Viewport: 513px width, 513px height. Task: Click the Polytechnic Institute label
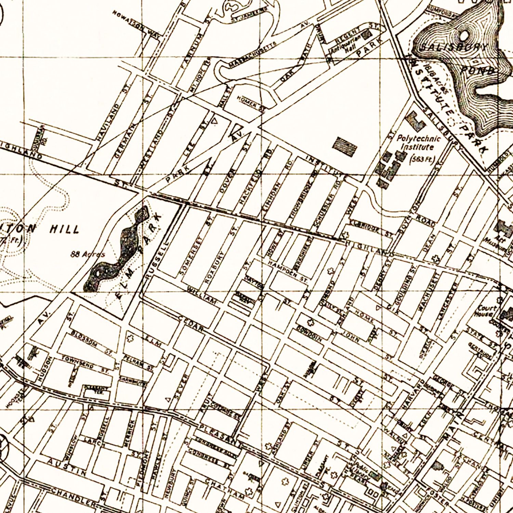[418, 143]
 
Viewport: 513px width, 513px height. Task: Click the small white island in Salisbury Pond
[465, 35]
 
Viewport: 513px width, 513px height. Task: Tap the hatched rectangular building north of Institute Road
[345, 146]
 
